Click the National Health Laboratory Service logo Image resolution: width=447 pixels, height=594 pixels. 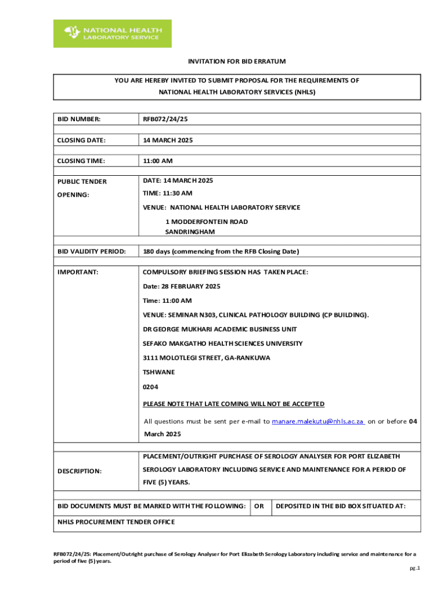[x=113, y=34]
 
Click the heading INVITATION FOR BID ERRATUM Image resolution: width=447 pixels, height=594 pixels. [x=236, y=61]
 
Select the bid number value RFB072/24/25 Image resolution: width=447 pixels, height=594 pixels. [x=165, y=119]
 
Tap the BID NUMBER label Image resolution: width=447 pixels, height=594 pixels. [x=79, y=119]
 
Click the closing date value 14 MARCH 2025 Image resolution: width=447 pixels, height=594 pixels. [x=168, y=140]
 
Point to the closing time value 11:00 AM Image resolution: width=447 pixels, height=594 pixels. [x=158, y=161]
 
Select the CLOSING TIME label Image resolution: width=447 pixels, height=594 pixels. [x=81, y=161]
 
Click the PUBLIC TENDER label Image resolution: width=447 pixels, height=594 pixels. [x=82, y=182]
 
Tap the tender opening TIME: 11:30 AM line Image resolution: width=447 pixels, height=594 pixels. [x=168, y=193]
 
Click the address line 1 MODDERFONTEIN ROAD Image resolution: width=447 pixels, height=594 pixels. [x=207, y=222]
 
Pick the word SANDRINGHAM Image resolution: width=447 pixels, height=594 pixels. [x=190, y=231]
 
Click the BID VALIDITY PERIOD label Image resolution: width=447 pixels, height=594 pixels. [x=92, y=251]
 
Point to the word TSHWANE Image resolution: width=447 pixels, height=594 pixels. [x=158, y=372]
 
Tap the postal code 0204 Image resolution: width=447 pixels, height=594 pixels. [x=150, y=387]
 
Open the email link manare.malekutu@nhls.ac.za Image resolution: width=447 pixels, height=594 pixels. [x=318, y=422]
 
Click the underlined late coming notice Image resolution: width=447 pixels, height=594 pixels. [x=234, y=404]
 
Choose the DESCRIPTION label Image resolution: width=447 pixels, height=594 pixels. [x=80, y=471]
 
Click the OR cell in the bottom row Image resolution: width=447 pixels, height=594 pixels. [x=259, y=506]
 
